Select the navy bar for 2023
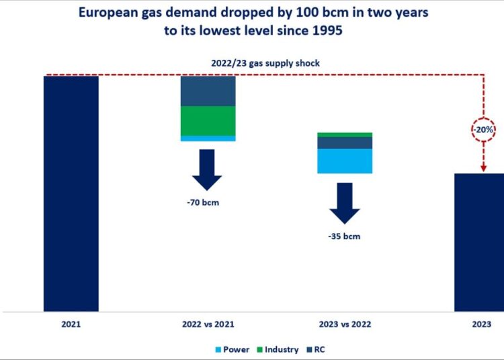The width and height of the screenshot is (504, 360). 478,242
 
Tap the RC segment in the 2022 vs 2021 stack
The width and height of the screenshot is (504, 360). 208,91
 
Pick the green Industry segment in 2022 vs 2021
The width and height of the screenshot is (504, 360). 208,121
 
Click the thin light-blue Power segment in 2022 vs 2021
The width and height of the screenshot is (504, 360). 208,138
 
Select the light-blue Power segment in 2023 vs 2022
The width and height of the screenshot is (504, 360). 345,161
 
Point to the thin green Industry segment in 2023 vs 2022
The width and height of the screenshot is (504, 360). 345,134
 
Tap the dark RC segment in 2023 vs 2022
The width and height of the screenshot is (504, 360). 345,142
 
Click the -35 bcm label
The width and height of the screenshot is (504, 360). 344,236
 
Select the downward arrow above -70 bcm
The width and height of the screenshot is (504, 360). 207,171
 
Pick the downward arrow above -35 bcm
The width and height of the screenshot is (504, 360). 344,203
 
